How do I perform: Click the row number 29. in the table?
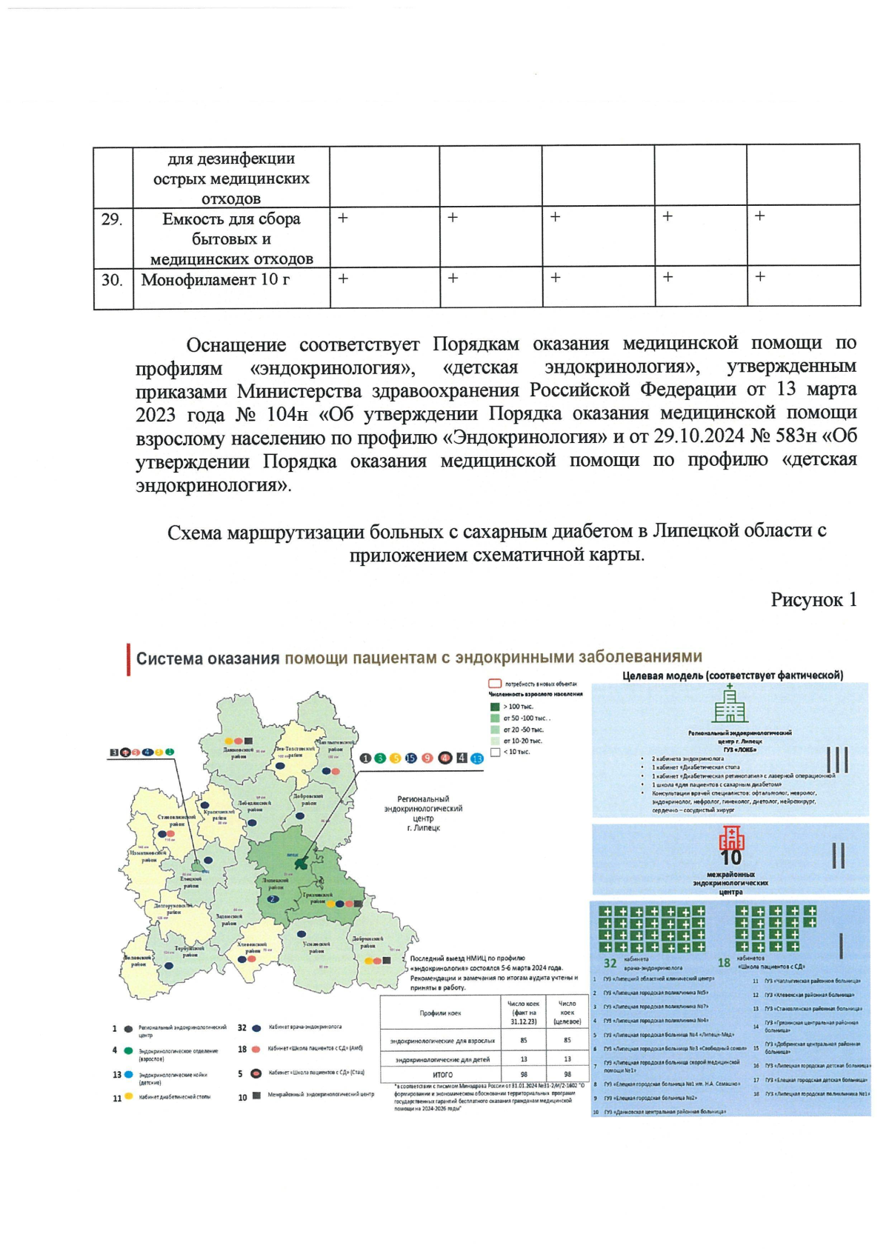[112, 219]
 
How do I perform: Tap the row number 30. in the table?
[112, 280]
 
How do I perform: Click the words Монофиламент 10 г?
[216, 280]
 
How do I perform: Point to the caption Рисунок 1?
[813, 599]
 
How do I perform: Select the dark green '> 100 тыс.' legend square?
[495, 707]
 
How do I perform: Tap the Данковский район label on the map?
[239, 753]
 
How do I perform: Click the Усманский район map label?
[315, 947]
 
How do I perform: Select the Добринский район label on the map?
[368, 942]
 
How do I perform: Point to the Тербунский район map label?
[190, 951]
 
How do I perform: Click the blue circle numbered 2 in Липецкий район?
[273, 898]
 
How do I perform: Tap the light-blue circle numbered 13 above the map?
[476, 758]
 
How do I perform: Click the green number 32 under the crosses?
[610, 963]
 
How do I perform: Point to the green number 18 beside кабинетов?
[724, 962]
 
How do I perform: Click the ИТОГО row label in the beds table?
[442, 1074]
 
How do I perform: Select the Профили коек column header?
[440, 1013]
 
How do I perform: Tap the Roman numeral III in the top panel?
[836, 760]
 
